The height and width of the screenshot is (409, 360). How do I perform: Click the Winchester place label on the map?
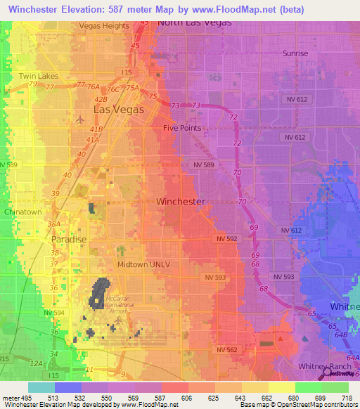click(180, 202)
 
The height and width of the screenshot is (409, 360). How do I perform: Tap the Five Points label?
click(181, 129)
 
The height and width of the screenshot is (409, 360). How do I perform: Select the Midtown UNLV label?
click(143, 264)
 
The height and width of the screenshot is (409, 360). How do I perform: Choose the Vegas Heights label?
click(104, 25)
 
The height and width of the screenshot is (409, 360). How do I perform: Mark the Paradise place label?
click(68, 240)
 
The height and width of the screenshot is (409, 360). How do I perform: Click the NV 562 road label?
click(227, 349)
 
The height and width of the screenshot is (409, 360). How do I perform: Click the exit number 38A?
click(53, 224)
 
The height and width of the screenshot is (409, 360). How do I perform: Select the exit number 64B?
click(341, 335)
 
